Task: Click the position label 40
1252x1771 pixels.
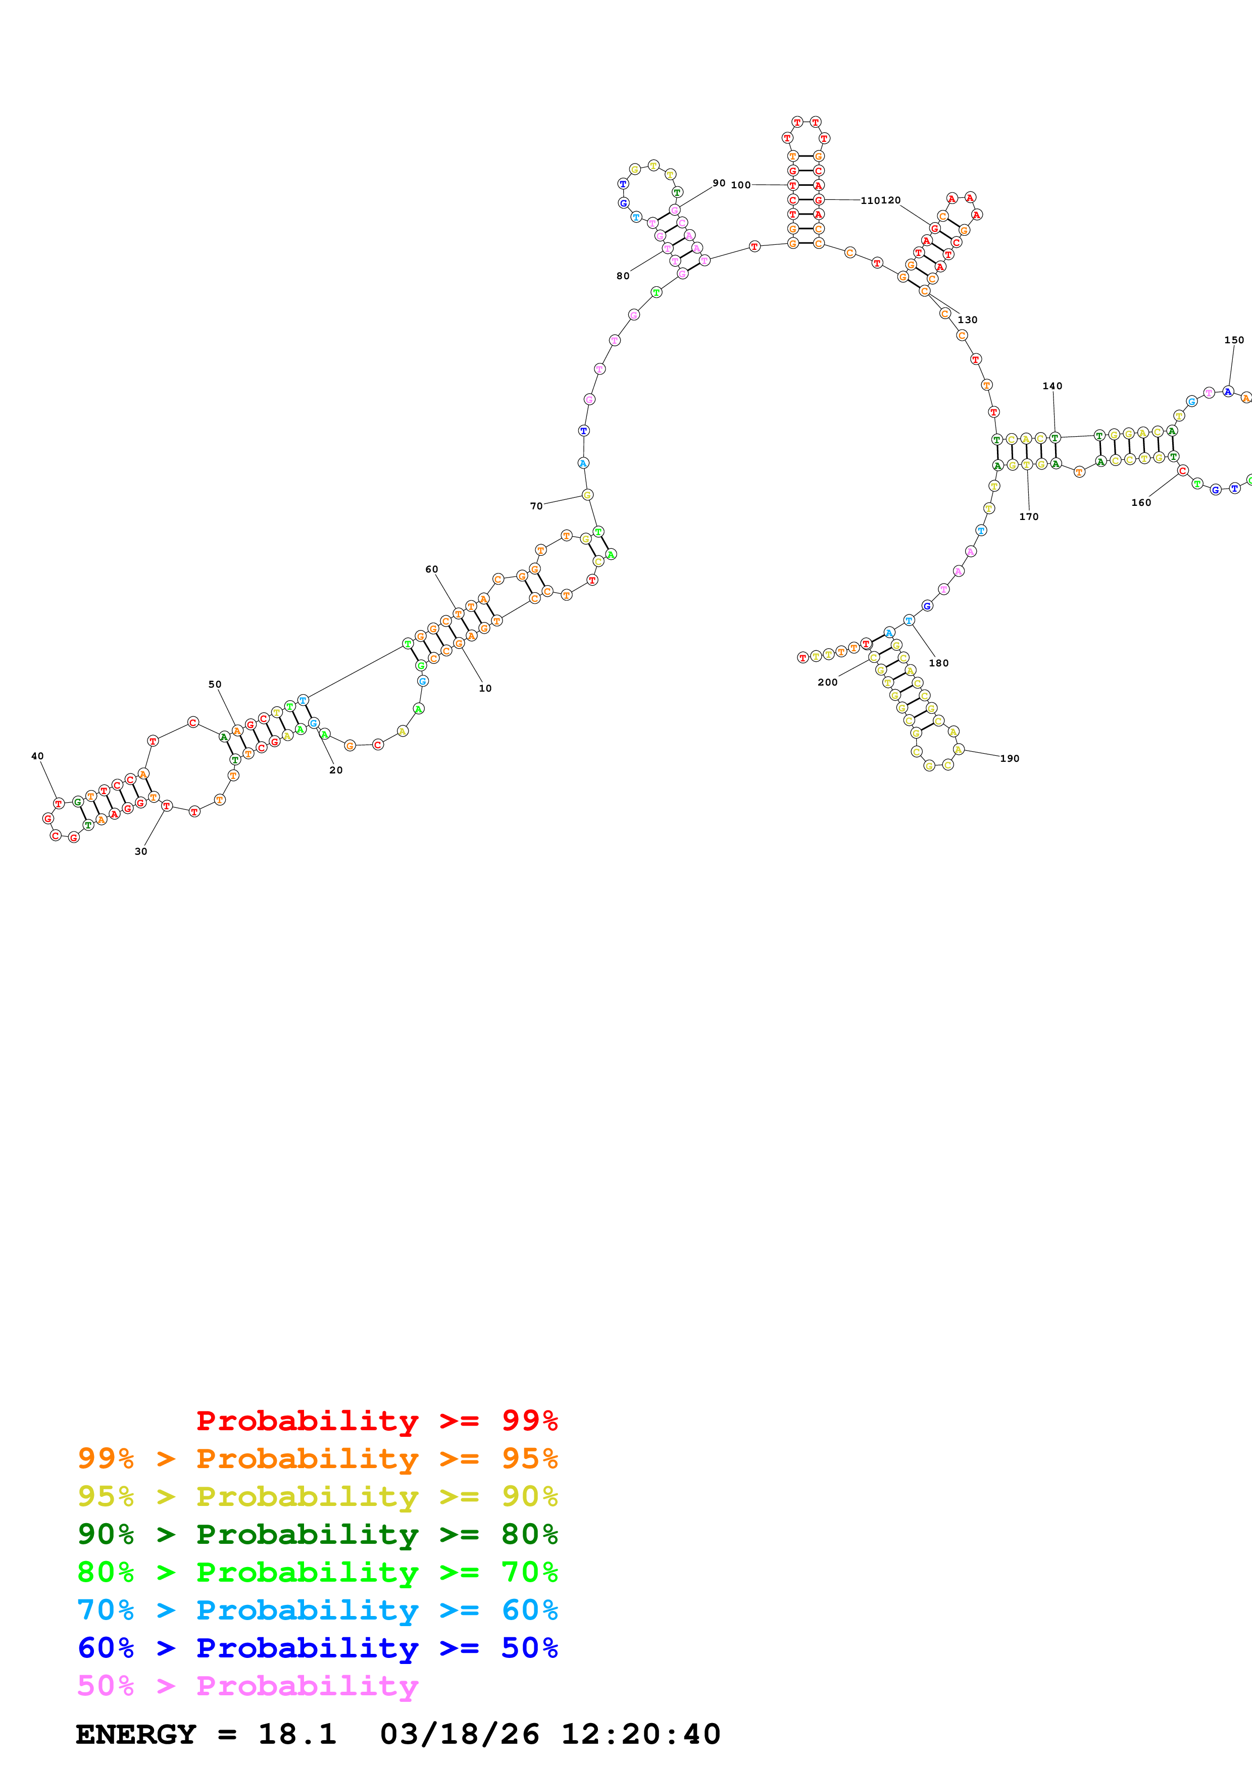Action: (37, 756)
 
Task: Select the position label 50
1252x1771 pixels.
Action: (215, 684)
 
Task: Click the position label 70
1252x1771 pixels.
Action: (536, 506)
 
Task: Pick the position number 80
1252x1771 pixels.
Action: (623, 276)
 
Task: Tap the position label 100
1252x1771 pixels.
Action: (740, 185)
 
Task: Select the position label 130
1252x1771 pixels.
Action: (967, 320)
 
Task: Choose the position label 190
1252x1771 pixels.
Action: (1010, 758)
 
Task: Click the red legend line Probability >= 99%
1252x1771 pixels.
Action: (376, 1420)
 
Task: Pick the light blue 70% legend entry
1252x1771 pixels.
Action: (317, 1610)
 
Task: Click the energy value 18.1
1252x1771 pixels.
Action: (297, 1734)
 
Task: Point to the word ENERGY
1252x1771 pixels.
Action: (136, 1734)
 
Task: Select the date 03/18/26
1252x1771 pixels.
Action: (460, 1734)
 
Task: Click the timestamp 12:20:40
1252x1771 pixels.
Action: (640, 1734)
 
